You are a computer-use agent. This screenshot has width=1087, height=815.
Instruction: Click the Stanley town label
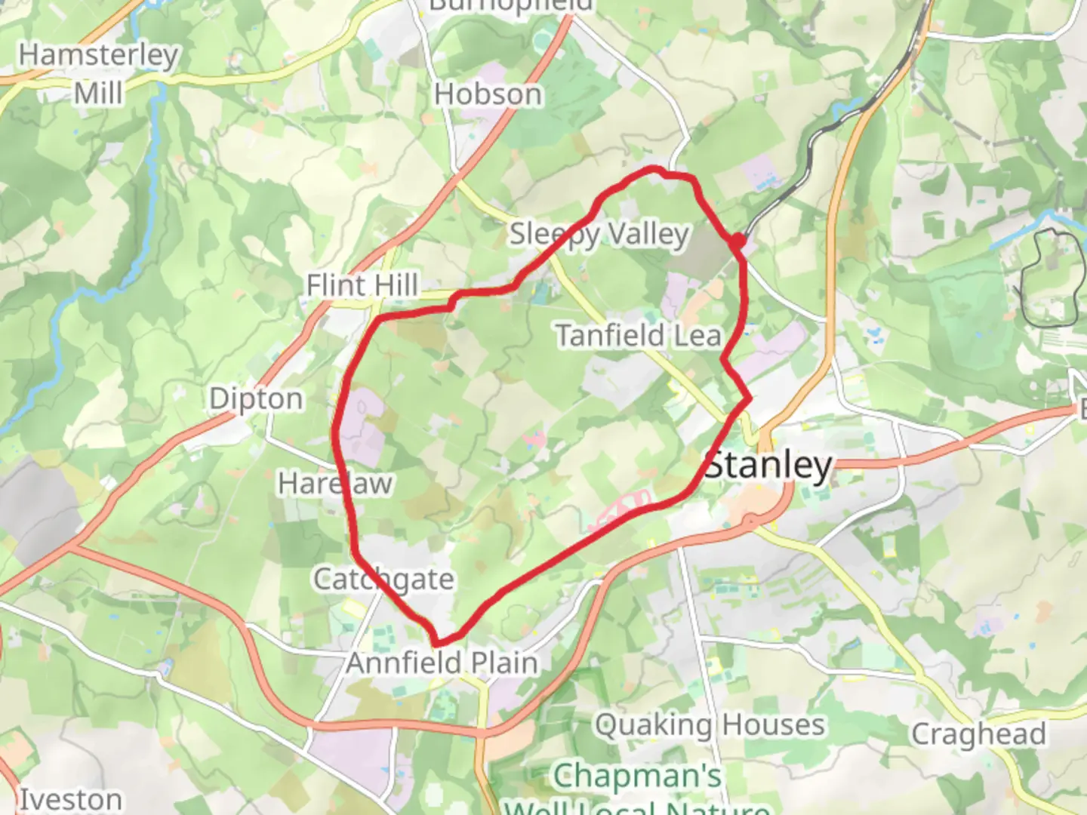(768, 466)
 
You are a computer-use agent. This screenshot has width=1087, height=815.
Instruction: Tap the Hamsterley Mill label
(98, 73)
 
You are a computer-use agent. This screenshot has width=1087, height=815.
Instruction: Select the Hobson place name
(488, 94)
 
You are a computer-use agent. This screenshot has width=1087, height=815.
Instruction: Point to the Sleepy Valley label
(599, 235)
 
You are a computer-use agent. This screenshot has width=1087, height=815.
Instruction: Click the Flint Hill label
(362, 285)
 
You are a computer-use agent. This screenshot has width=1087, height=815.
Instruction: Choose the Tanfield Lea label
(639, 335)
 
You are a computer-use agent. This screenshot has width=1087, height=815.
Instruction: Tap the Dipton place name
(256, 398)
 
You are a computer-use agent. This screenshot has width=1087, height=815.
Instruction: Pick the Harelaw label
(334, 483)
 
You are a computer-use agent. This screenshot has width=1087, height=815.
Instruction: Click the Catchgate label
(383, 580)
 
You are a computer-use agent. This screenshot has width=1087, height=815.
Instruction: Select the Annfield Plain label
(442, 663)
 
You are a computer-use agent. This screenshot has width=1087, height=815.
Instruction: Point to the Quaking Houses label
(710, 725)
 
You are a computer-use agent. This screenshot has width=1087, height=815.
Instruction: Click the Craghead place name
(978, 733)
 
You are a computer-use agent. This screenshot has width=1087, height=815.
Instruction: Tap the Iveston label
(70, 799)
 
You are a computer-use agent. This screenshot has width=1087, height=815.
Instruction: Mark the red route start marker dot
(738, 241)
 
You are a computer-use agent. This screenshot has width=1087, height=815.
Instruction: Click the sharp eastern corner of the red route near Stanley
(749, 398)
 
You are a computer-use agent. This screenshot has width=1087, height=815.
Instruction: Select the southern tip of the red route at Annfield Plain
(436, 641)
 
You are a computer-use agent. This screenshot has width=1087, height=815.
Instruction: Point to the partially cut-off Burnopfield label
(510, 6)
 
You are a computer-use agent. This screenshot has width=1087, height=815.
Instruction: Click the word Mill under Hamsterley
(98, 93)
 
